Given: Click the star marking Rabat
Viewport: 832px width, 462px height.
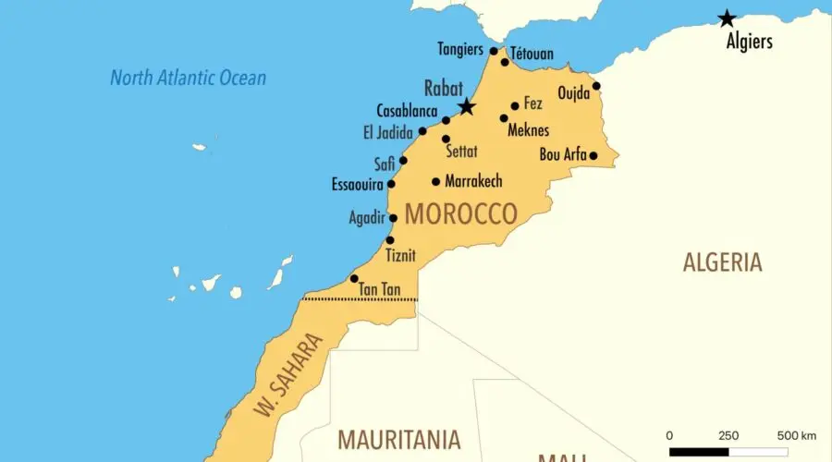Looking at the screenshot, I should coord(467,107).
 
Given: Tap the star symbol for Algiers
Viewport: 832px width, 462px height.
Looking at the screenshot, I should coord(728,18).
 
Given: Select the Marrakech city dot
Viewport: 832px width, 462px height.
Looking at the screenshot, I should coord(435,181).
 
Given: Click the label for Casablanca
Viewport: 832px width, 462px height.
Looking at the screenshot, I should coord(407,111).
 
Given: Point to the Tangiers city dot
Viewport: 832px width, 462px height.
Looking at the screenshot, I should coord(494,52).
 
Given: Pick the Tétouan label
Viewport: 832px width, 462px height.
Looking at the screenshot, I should coord(532,55).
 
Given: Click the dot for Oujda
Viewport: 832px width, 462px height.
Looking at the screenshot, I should coord(596,86).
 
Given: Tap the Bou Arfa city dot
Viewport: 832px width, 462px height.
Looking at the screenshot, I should coord(593,155).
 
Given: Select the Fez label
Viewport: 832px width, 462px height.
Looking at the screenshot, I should coord(533,103).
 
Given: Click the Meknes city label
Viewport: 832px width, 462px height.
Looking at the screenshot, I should coord(529,130).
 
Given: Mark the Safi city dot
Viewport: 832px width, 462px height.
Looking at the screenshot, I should coord(403,160).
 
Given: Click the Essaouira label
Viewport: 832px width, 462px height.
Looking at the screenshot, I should coord(358,185).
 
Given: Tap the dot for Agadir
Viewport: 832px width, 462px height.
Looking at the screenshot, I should coord(393,218).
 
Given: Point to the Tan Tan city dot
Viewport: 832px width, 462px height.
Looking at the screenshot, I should coord(354,278).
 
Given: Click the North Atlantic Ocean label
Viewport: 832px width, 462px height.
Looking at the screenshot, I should coord(188,78).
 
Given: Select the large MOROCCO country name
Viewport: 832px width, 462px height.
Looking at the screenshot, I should coord(460,214).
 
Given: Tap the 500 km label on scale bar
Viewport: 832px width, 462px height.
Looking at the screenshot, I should coord(797,435).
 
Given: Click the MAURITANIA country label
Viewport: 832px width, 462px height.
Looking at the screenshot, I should coord(399,439).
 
